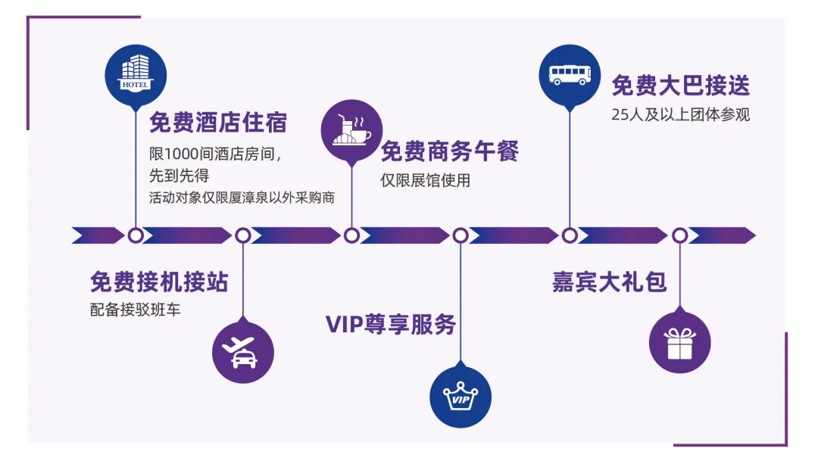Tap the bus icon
569,74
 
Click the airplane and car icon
242,353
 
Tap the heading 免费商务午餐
449,151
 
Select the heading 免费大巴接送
680,86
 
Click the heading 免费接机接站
159,282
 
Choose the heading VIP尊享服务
391,324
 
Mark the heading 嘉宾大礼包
609,282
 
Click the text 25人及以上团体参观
680,116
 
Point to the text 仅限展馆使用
425,180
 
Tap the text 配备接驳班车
135,310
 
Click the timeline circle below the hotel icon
136,235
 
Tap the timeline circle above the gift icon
679,235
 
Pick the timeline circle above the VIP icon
461,235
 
